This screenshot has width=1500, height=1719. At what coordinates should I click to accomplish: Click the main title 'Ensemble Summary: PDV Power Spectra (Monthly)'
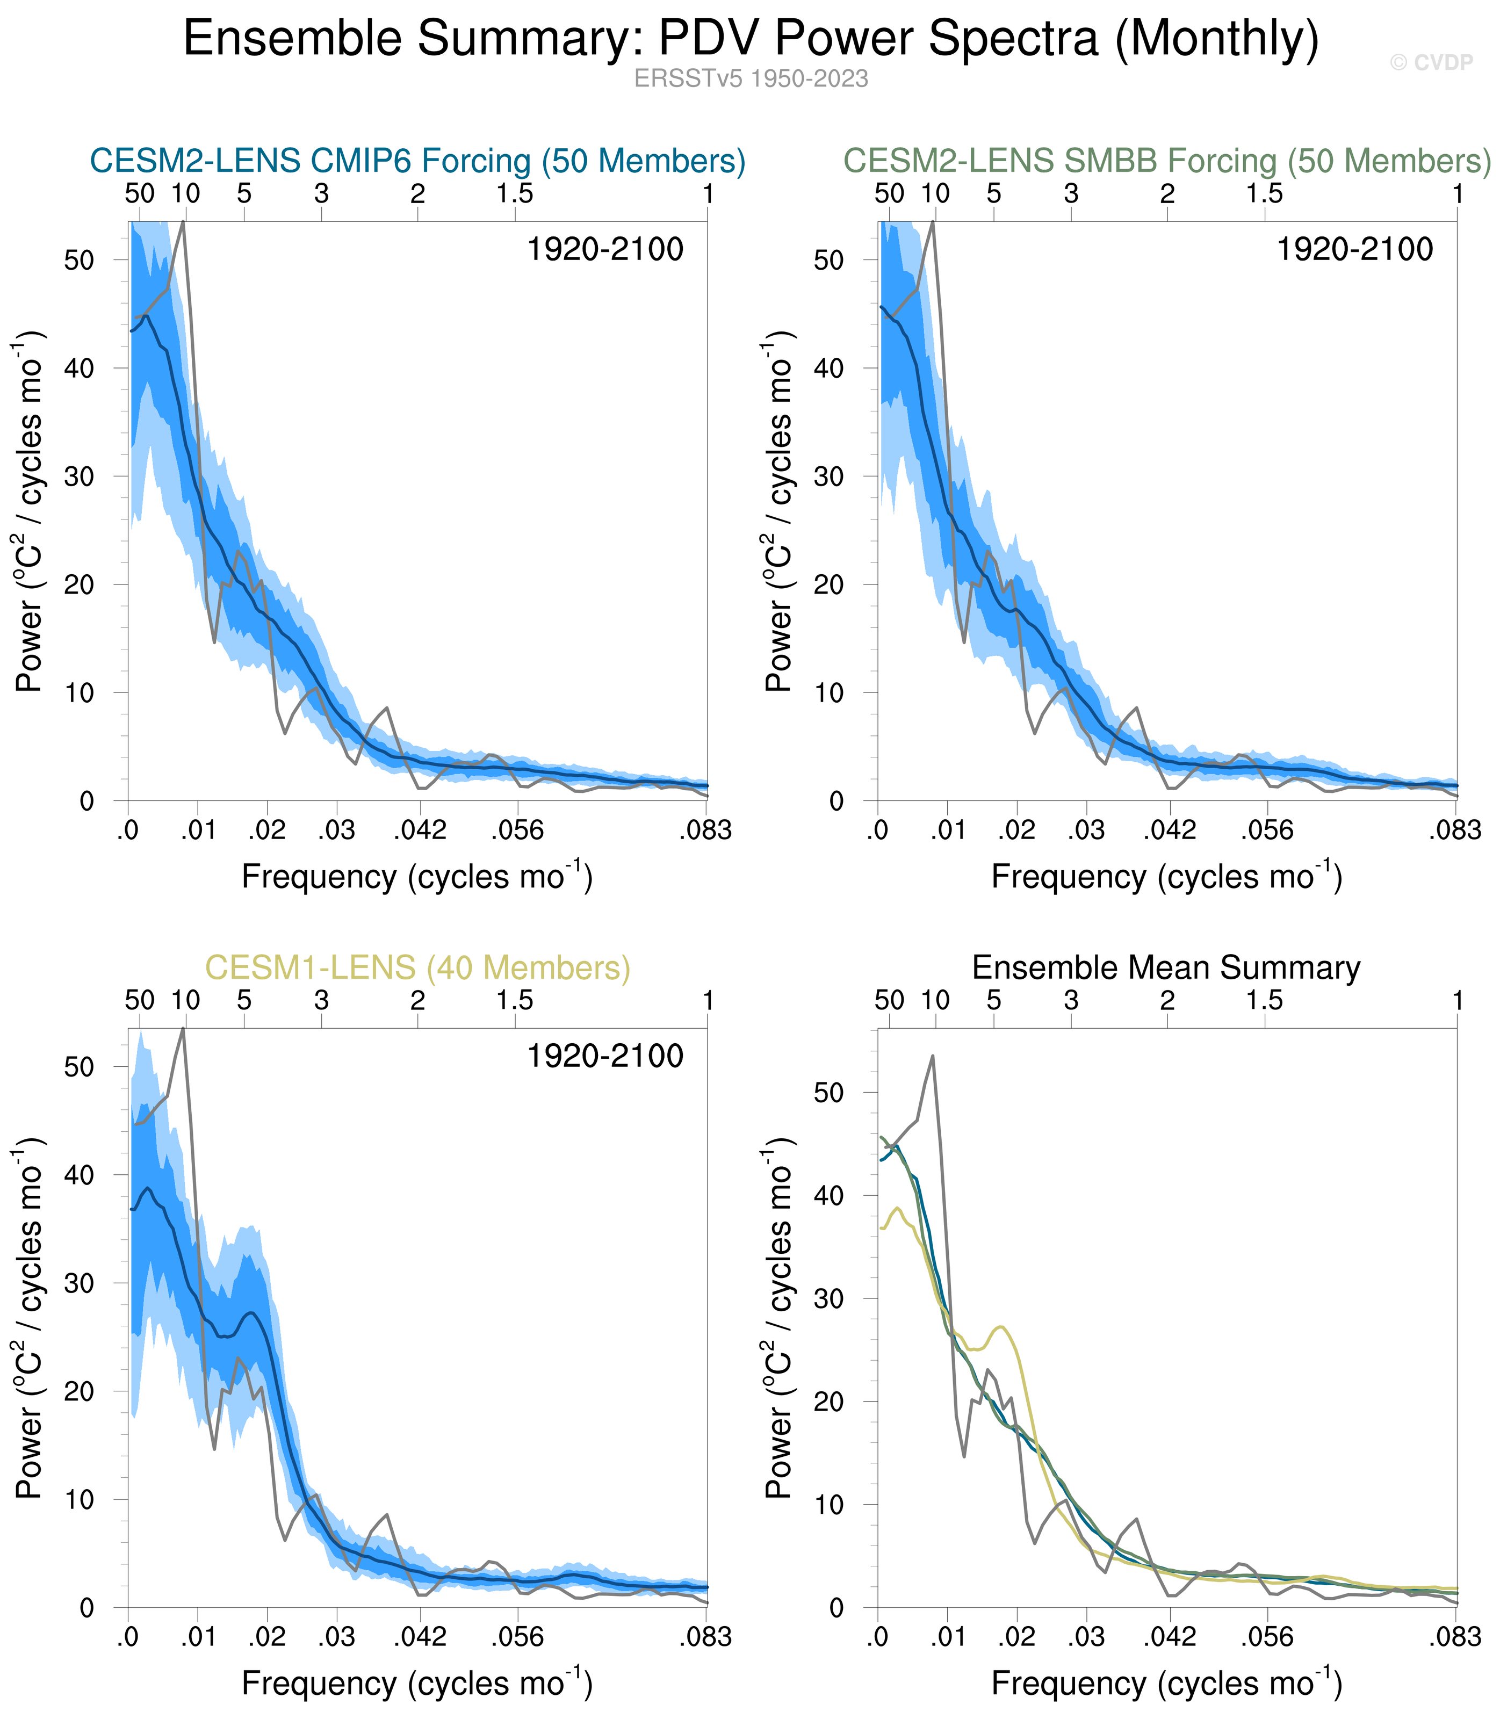pos(751,39)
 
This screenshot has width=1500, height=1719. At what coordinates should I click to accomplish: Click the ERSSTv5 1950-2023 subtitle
pos(751,78)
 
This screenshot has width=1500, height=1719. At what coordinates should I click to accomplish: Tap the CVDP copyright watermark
pos(1431,63)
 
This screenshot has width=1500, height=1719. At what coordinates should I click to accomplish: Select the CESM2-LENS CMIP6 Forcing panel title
pos(417,161)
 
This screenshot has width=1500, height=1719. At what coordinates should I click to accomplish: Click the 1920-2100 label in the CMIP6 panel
pos(605,249)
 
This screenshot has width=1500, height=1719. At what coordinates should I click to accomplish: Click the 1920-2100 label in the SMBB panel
pos(1354,249)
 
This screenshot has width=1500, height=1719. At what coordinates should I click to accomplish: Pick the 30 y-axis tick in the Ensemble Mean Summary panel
pos(828,1299)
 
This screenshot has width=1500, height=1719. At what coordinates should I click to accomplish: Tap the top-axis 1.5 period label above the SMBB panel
pos(1264,194)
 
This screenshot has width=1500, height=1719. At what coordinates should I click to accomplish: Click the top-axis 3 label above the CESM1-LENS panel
pos(321,1000)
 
